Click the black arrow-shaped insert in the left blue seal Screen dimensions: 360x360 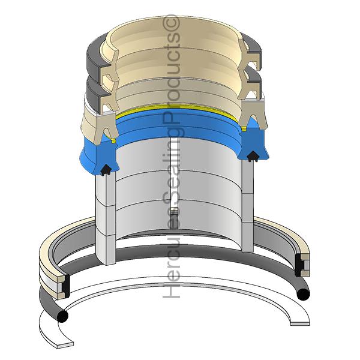106,170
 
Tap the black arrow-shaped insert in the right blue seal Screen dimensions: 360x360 253,156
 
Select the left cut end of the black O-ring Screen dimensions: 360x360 62,317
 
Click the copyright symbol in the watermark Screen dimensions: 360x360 172,23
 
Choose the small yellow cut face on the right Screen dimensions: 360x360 244,128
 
